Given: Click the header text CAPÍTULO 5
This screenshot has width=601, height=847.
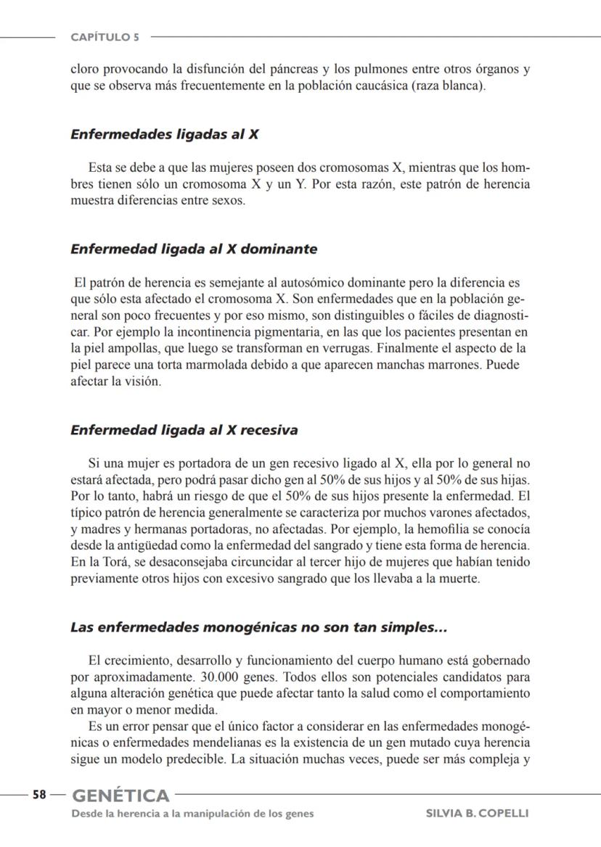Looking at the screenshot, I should click(x=105, y=37).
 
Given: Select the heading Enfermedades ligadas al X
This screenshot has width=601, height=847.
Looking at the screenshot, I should click(x=165, y=134).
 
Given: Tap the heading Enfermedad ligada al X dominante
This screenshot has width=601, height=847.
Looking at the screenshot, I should click(x=194, y=249).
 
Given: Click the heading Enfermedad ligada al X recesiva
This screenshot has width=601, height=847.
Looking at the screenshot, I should click(x=184, y=430).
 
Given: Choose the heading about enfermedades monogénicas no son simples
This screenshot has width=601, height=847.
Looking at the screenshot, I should click(x=258, y=627).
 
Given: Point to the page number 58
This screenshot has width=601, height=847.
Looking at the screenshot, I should click(x=39, y=795).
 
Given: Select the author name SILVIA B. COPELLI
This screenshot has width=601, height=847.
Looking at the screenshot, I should click(x=477, y=814).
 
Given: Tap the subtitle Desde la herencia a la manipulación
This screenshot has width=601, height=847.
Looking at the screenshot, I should click(x=192, y=814).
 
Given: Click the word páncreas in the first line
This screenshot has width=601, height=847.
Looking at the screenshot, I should click(x=295, y=70).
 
